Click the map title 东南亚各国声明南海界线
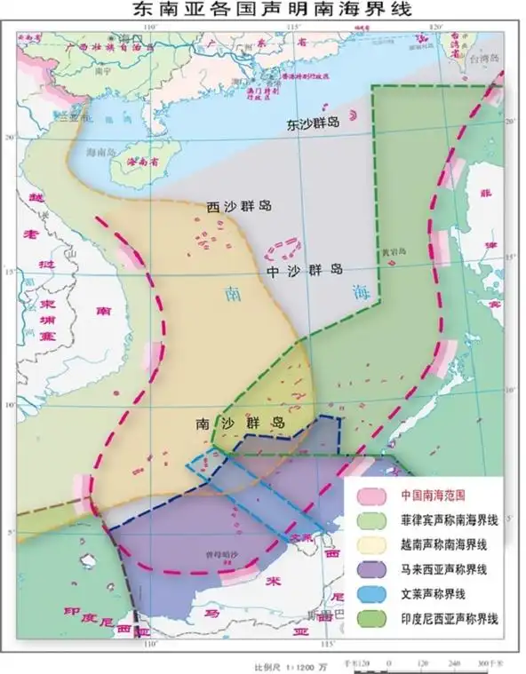(x=263, y=10)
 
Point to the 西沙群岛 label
(x=239, y=206)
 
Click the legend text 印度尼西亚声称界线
(x=450, y=615)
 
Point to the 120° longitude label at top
(x=434, y=28)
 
